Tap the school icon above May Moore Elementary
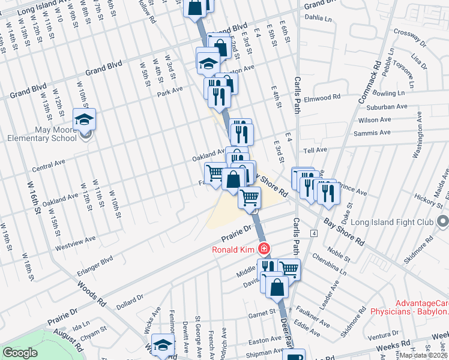85,119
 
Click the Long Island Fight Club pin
443,223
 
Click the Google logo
20,353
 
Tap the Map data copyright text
424,355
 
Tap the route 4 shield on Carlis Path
313,232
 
